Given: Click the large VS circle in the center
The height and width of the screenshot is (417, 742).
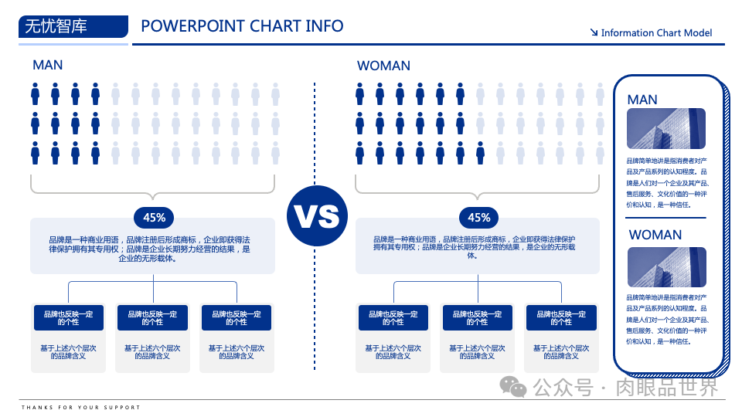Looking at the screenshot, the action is [x=315, y=217].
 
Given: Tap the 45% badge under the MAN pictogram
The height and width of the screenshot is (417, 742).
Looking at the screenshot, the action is [x=154, y=217].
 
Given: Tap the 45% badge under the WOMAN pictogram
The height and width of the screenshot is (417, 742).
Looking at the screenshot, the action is [x=478, y=217].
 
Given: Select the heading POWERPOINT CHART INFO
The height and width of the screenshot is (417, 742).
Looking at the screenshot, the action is [x=242, y=26].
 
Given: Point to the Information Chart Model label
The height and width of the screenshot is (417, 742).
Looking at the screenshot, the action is [x=656, y=32].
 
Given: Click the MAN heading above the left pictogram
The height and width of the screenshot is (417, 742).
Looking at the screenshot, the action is [x=48, y=66].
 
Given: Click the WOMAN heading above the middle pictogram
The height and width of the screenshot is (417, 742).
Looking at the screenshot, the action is [x=383, y=66].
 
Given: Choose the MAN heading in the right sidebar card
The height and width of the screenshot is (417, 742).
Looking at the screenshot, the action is [x=642, y=99].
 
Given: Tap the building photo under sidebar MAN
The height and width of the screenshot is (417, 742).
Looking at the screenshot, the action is [x=666, y=127].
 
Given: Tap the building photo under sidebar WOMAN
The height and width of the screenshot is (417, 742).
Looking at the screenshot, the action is [x=666, y=266].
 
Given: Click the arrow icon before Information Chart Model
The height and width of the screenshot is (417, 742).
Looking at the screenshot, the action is [x=594, y=32].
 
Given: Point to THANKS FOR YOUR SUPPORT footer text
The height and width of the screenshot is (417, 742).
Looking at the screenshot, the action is [x=81, y=407].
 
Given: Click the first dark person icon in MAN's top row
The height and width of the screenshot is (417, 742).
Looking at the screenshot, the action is [x=36, y=93].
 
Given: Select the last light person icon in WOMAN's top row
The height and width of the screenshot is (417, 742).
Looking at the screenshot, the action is [x=600, y=93].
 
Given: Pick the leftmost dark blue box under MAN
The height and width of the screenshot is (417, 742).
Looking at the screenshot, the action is [x=68, y=317].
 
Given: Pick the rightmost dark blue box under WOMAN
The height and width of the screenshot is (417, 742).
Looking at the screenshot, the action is [x=561, y=317].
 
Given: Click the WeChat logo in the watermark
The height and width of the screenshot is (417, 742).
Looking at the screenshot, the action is [x=512, y=385].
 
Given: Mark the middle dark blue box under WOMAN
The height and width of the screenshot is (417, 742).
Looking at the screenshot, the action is [x=477, y=317].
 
